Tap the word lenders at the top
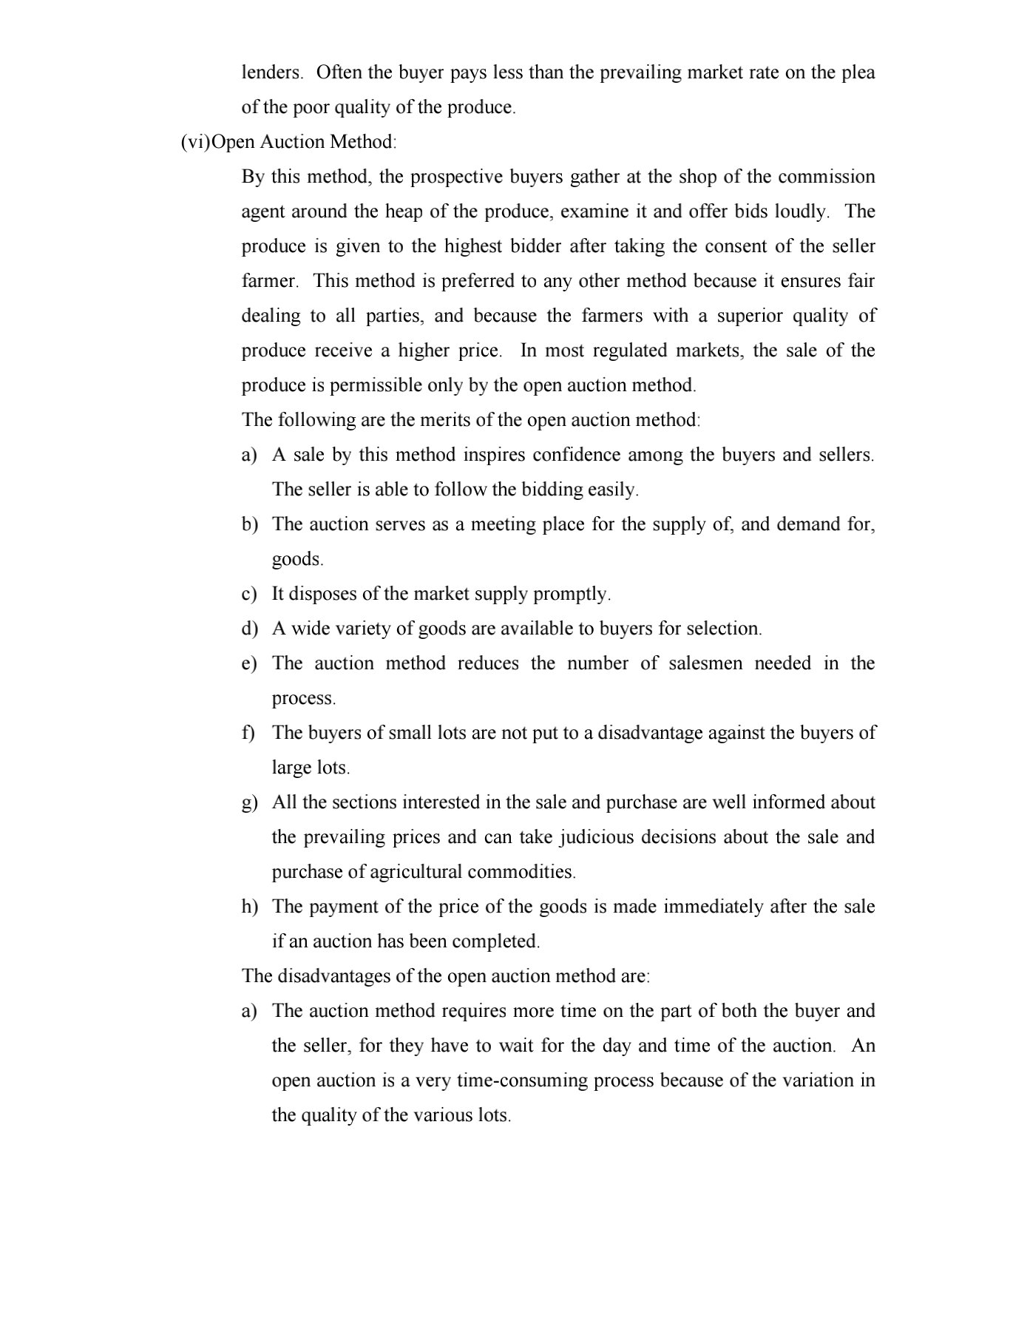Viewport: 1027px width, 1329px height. pos(271,72)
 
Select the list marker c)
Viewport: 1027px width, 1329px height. pos(249,594)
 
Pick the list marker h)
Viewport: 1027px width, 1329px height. pos(249,907)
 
